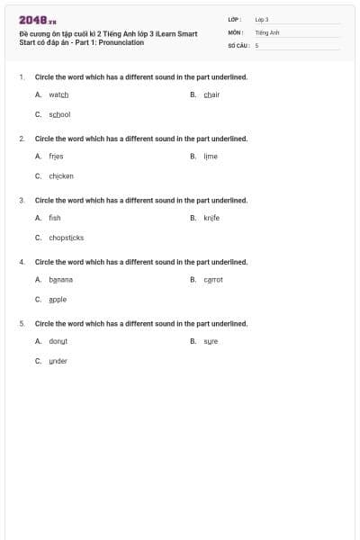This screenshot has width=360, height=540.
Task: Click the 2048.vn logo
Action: pos(37,20)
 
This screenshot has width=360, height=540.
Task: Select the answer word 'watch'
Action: pos(58,94)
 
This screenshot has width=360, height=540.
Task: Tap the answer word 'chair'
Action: pos(211,94)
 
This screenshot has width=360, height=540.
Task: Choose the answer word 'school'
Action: pos(59,114)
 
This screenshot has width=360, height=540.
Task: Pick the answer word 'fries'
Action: pos(56,156)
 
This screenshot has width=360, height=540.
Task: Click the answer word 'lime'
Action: pos(211,156)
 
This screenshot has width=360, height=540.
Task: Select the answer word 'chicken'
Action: pos(61,175)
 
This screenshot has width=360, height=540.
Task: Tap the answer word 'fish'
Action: pos(55,217)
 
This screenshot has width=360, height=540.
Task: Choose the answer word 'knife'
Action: pos(211,217)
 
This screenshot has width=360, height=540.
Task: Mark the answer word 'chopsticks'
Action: pos(66,238)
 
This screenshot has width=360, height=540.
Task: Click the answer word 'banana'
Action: pos(60,279)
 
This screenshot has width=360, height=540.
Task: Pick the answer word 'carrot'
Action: pos(213,279)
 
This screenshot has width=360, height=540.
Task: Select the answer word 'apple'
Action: pos(58,299)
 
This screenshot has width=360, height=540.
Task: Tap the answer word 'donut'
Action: pos(58,341)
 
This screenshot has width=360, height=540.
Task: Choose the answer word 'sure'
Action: pos(211,341)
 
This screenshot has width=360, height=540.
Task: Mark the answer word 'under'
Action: pos(58,361)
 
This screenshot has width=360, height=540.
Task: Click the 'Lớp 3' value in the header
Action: pos(262,19)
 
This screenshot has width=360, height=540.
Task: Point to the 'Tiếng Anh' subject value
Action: pos(267,31)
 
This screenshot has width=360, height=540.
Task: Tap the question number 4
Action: pos(22,261)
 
